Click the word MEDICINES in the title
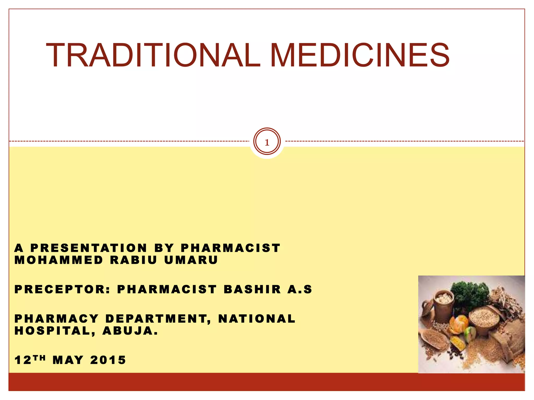(x=360, y=55)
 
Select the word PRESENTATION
(x=89, y=248)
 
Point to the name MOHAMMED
(x=59, y=260)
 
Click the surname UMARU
(x=191, y=260)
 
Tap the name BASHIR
(x=252, y=289)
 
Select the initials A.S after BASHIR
(x=300, y=289)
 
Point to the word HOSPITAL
(x=52, y=331)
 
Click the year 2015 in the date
(x=108, y=360)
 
